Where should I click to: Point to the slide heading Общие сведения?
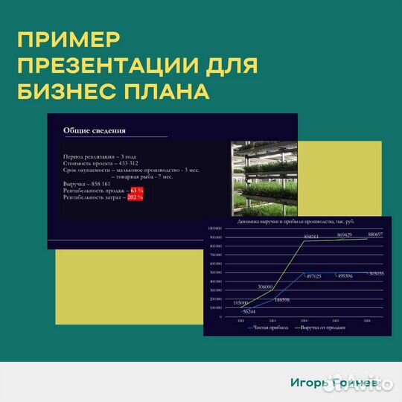[x=95, y=131]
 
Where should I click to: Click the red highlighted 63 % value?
[x=136, y=191]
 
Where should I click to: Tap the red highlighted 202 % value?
[x=135, y=197]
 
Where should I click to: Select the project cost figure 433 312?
[x=118, y=163]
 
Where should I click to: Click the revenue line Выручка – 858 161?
[x=87, y=183]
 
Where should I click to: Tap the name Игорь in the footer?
[x=309, y=383]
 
